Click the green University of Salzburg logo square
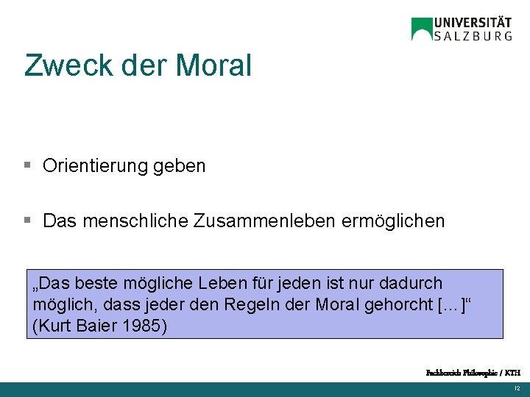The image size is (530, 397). click(422, 29)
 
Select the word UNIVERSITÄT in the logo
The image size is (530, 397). click(473, 23)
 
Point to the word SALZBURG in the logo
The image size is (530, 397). click(473, 36)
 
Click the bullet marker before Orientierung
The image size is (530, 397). click(27, 165)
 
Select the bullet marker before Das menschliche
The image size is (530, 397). click(27, 220)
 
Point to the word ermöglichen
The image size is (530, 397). click(394, 221)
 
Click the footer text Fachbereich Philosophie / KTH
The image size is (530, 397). click(473, 373)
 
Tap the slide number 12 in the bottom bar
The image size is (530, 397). click(517, 388)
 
